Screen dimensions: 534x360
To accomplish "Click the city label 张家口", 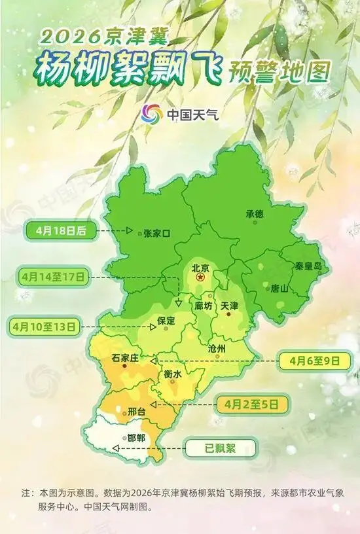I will pyautogui.click(x=156, y=232).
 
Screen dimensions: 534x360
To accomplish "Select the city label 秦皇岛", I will pyautogui.click(x=308, y=266).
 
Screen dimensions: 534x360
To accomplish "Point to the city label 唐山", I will pyautogui.click(x=279, y=287).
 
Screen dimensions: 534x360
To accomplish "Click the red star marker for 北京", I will pyautogui.click(x=200, y=279).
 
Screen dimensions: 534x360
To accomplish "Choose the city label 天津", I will pyautogui.click(x=230, y=306).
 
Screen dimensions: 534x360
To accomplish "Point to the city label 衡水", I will pyautogui.click(x=172, y=373).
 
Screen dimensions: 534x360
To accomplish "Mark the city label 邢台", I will pyautogui.click(x=136, y=412).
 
